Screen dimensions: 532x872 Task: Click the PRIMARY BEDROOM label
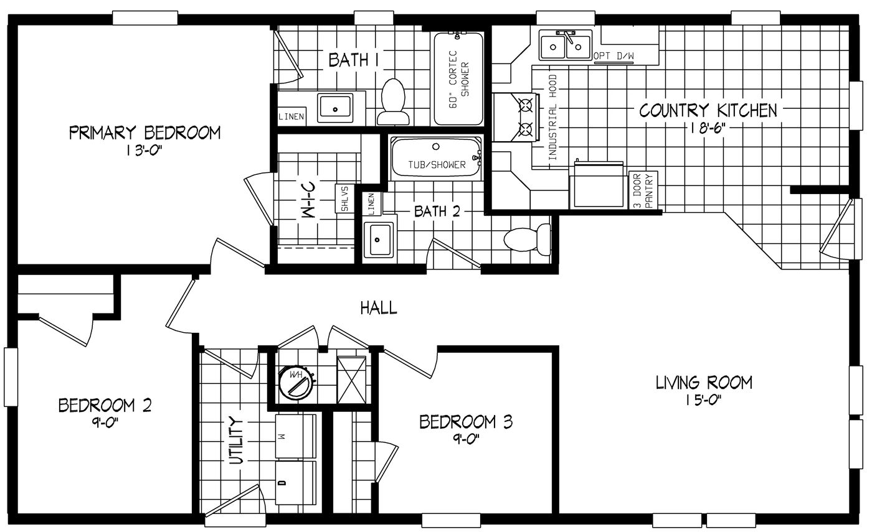[x=145, y=133]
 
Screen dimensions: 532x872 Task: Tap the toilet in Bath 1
[x=393, y=101]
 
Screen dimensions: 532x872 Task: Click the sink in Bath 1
[x=334, y=108]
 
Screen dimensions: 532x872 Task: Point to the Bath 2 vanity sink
[x=378, y=239]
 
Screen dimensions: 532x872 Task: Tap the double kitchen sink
[x=566, y=45]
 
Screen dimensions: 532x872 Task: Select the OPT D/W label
[x=614, y=57]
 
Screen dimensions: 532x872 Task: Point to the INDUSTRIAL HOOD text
[x=552, y=119]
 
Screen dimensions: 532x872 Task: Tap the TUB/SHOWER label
[x=437, y=165]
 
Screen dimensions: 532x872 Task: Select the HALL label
[x=379, y=307]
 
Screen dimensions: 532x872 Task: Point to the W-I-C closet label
[x=311, y=201]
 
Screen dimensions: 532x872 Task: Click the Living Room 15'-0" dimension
[x=704, y=399]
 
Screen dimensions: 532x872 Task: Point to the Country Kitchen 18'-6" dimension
[x=708, y=128]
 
